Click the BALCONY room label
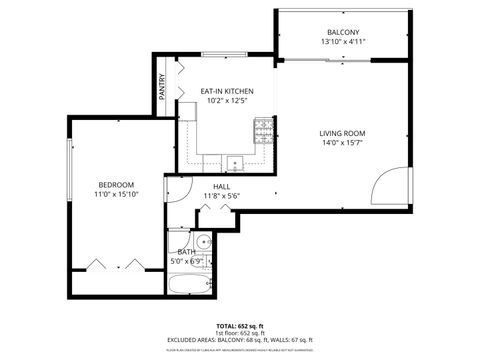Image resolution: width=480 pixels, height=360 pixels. click(343, 32)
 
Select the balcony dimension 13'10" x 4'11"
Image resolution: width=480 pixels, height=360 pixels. click(343, 42)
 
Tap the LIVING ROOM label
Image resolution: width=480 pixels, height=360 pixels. click(342, 133)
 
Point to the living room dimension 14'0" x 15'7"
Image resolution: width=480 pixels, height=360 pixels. click(342, 143)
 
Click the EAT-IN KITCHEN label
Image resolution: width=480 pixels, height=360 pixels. click(227, 91)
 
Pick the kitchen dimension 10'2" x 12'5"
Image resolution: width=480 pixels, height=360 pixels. click(227, 101)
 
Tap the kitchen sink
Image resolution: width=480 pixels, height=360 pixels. click(235, 162)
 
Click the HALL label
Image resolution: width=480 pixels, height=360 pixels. click(221, 186)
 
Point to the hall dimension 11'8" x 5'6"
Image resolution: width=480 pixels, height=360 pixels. click(221, 196)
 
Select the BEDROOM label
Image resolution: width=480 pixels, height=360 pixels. click(116, 184)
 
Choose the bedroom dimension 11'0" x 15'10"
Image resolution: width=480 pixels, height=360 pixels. click(116, 194)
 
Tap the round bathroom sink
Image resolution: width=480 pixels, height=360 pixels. click(203, 241)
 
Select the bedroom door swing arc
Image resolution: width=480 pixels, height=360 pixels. click(178, 189)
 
